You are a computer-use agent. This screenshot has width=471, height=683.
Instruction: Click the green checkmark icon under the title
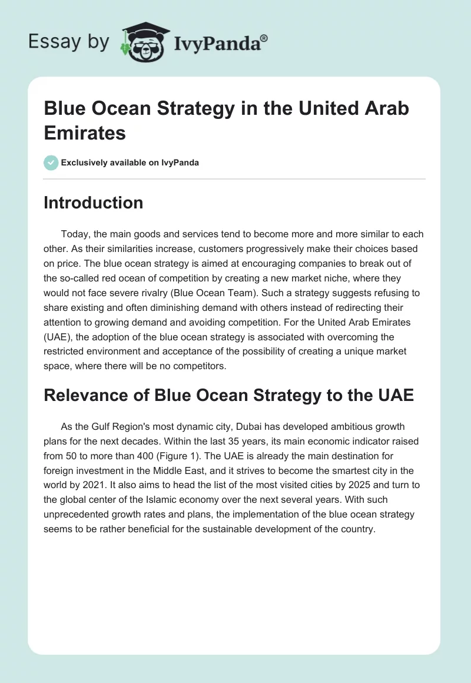[51, 163]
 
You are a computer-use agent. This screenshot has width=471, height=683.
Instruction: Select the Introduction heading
[94, 203]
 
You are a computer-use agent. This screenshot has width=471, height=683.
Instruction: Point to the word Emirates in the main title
[85, 132]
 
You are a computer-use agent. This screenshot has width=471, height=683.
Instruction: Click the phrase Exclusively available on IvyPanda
[130, 163]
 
